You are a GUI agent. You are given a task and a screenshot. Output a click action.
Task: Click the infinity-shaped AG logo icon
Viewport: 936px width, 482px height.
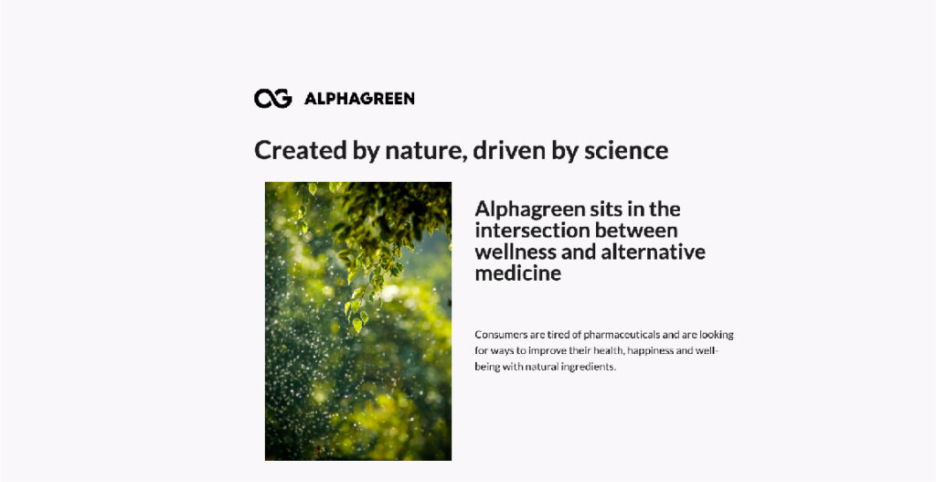(x=272, y=99)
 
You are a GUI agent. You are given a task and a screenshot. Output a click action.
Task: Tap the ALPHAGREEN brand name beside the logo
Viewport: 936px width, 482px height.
(x=359, y=99)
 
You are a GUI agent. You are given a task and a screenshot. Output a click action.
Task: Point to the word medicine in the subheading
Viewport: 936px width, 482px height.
(x=518, y=273)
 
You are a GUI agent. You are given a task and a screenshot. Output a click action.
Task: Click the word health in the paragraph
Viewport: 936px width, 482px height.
(x=608, y=350)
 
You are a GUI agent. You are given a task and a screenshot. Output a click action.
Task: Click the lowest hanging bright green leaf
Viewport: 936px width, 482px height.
(x=357, y=325)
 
